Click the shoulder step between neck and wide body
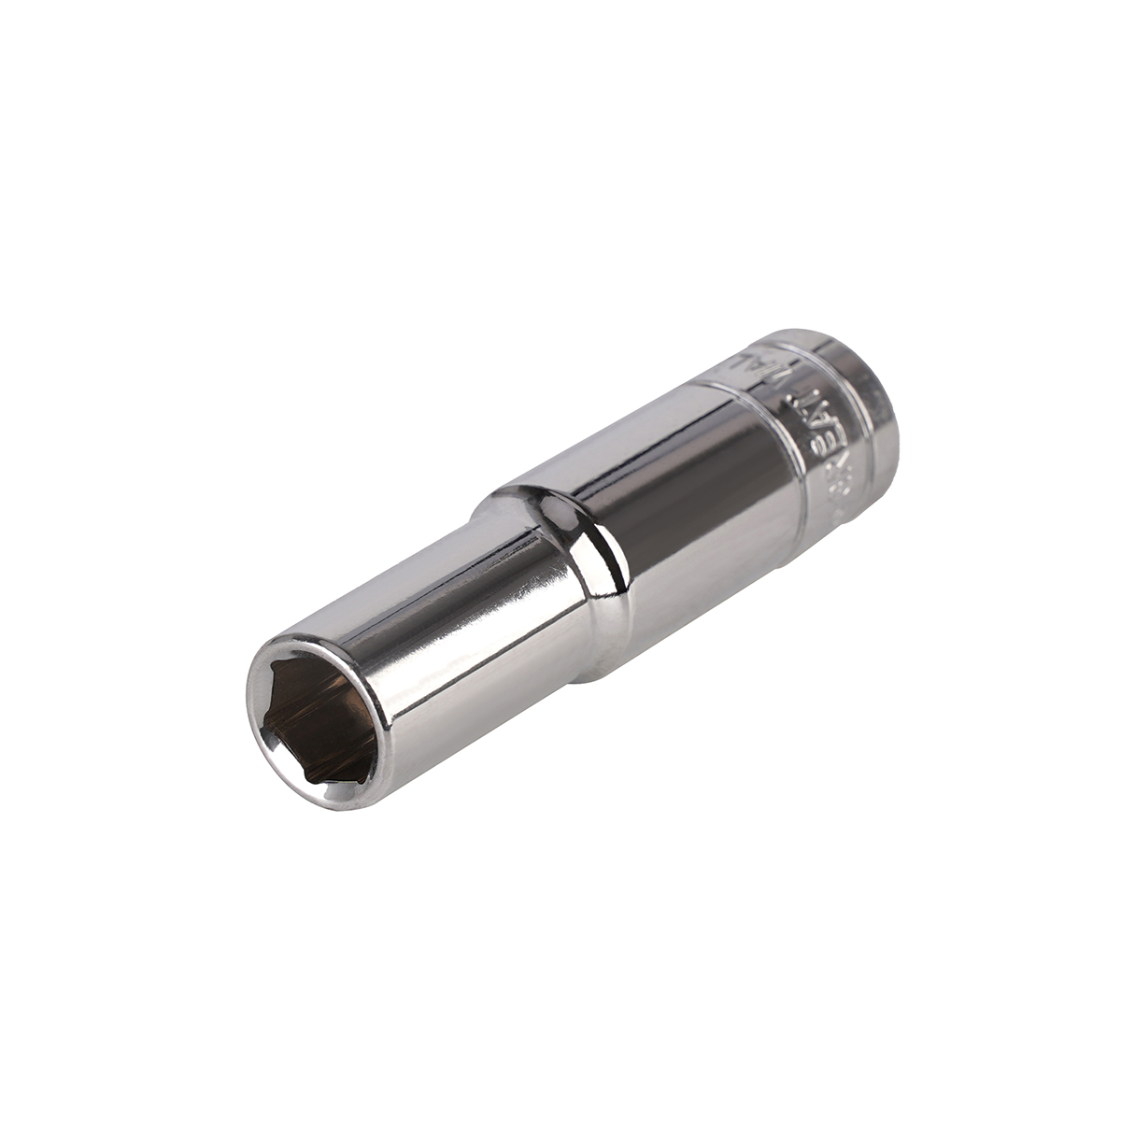pos(570,560)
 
